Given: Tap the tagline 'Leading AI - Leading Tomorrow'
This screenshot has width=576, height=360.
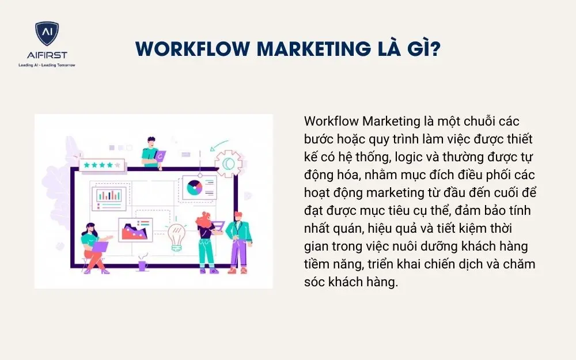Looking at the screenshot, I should point(47,65).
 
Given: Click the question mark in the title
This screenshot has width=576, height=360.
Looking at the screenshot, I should point(436,49).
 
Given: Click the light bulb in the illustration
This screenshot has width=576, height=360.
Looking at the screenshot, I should point(177,236).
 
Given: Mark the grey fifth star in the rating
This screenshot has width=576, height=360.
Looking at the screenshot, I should point(118,165).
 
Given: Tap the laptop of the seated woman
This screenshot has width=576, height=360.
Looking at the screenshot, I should point(100,247).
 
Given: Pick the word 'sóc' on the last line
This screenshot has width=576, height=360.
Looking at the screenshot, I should point(315,282).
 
